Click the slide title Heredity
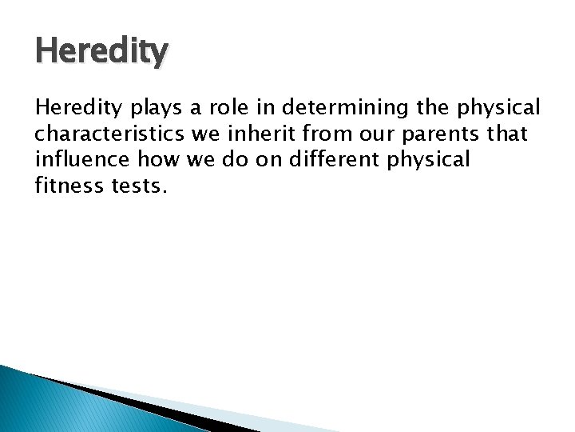101,52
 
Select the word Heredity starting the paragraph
74,108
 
